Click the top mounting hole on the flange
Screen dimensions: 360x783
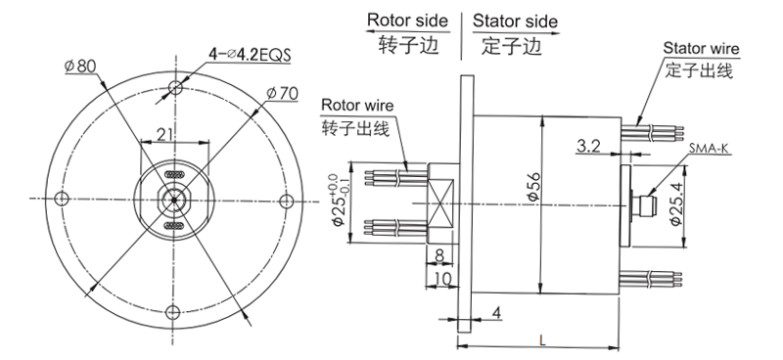tap(174, 87)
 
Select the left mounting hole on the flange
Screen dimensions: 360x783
tap(62, 200)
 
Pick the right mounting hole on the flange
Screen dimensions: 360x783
tap(286, 200)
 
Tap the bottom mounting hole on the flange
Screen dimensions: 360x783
tap(174, 312)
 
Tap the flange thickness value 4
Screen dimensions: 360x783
tap(497, 312)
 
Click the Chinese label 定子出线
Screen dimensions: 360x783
tap(699, 70)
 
